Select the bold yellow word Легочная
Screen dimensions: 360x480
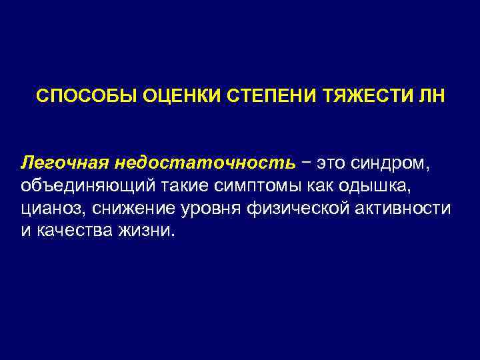tap(65, 163)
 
